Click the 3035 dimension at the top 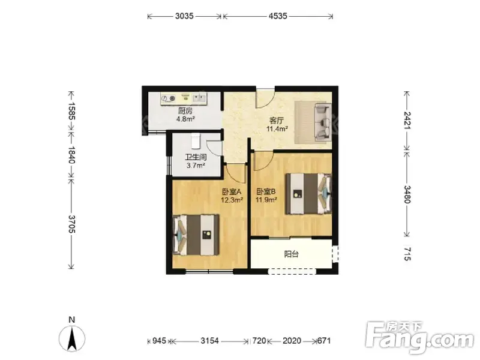click(x=184, y=16)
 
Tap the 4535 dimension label click(x=278, y=16)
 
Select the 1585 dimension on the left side click(x=71, y=110)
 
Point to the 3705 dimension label click(x=71, y=224)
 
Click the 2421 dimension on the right click(x=407, y=121)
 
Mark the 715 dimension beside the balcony click(x=407, y=254)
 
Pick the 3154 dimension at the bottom click(x=209, y=341)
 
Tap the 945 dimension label click(x=159, y=341)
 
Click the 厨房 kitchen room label click(x=185, y=111)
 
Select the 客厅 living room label click(x=277, y=121)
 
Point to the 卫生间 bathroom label click(x=196, y=157)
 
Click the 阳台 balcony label click(x=291, y=254)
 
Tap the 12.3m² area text click(x=232, y=200)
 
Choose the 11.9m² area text click(x=266, y=200)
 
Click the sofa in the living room click(x=323, y=122)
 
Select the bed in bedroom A click(x=196, y=235)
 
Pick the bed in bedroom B click(x=308, y=194)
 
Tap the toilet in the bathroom click(x=196, y=141)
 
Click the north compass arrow click(x=72, y=338)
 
